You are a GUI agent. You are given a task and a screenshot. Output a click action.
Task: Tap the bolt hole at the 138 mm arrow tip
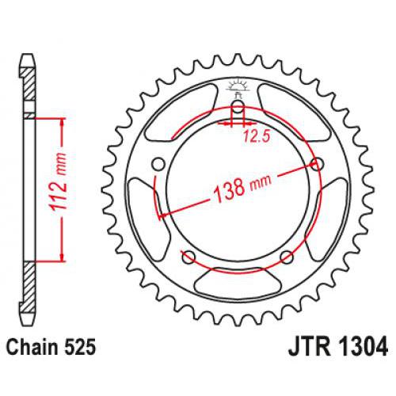pyautogui.click(x=318, y=164)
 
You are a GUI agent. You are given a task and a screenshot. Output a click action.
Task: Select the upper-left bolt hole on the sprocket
pyautogui.click(x=157, y=165)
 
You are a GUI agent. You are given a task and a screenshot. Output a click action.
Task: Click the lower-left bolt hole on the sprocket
pyautogui.click(x=188, y=257)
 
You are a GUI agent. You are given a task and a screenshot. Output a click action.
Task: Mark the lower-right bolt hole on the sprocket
pyautogui.click(x=287, y=257)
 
